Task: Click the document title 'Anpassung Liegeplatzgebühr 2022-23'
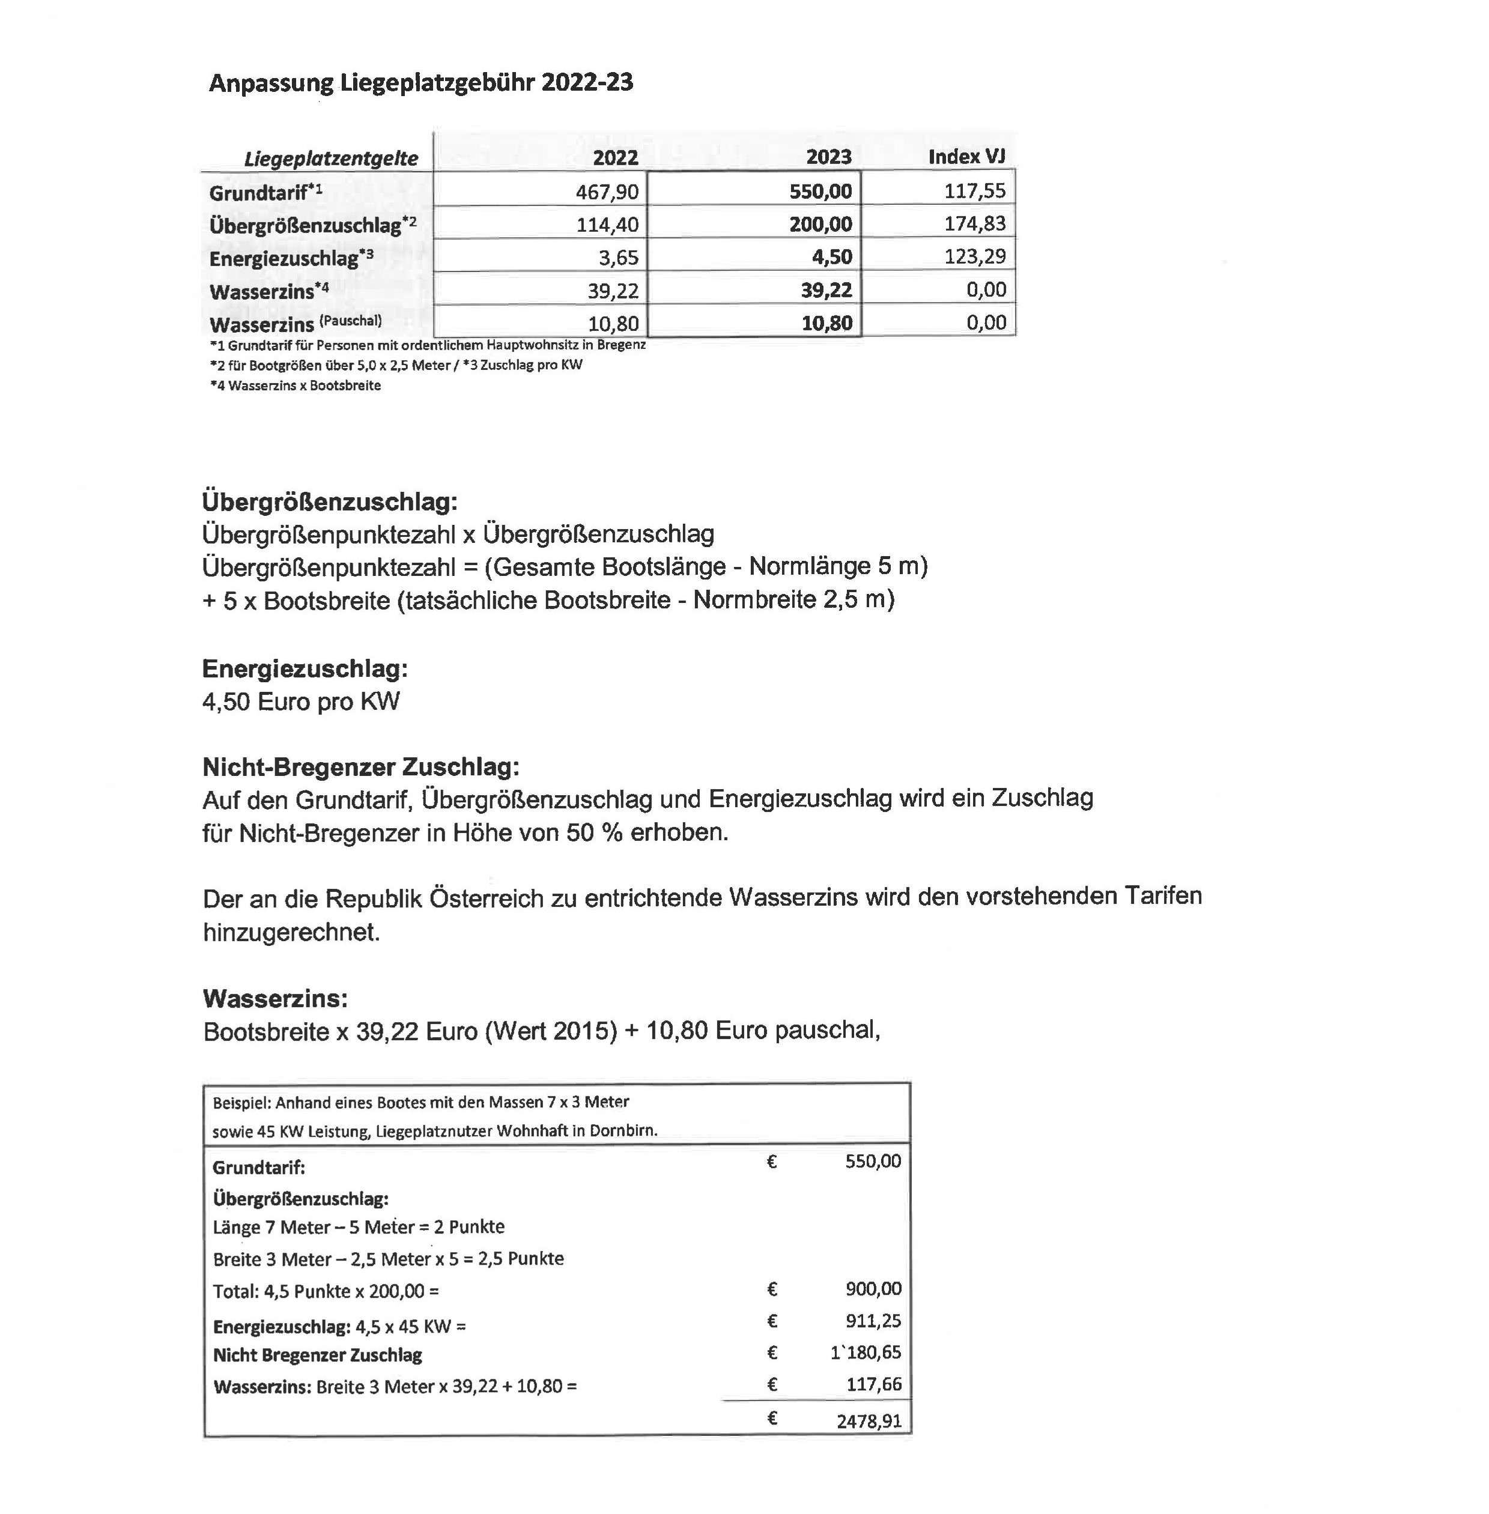pyautogui.click(x=420, y=83)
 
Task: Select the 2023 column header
pyautogui.click(x=828, y=157)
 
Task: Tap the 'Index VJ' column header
pyautogui.click(x=966, y=156)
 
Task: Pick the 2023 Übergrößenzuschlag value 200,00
pyautogui.click(x=820, y=225)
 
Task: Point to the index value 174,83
pyautogui.click(x=975, y=223)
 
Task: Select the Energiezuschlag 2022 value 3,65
pyautogui.click(x=619, y=257)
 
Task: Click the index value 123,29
pyautogui.click(x=975, y=256)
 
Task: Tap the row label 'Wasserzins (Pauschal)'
pyautogui.click(x=296, y=324)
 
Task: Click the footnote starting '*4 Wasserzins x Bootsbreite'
pyautogui.click(x=296, y=386)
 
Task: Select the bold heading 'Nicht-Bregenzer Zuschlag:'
pyautogui.click(x=360, y=766)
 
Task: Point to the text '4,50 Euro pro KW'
pyautogui.click(x=301, y=701)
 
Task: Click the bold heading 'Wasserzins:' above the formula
pyautogui.click(x=275, y=998)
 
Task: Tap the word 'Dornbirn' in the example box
pyautogui.click(x=622, y=1130)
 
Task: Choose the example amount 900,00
pyautogui.click(x=873, y=1288)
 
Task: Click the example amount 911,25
pyautogui.click(x=873, y=1321)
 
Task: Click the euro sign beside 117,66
pyautogui.click(x=772, y=1384)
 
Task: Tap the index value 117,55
pyautogui.click(x=975, y=191)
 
